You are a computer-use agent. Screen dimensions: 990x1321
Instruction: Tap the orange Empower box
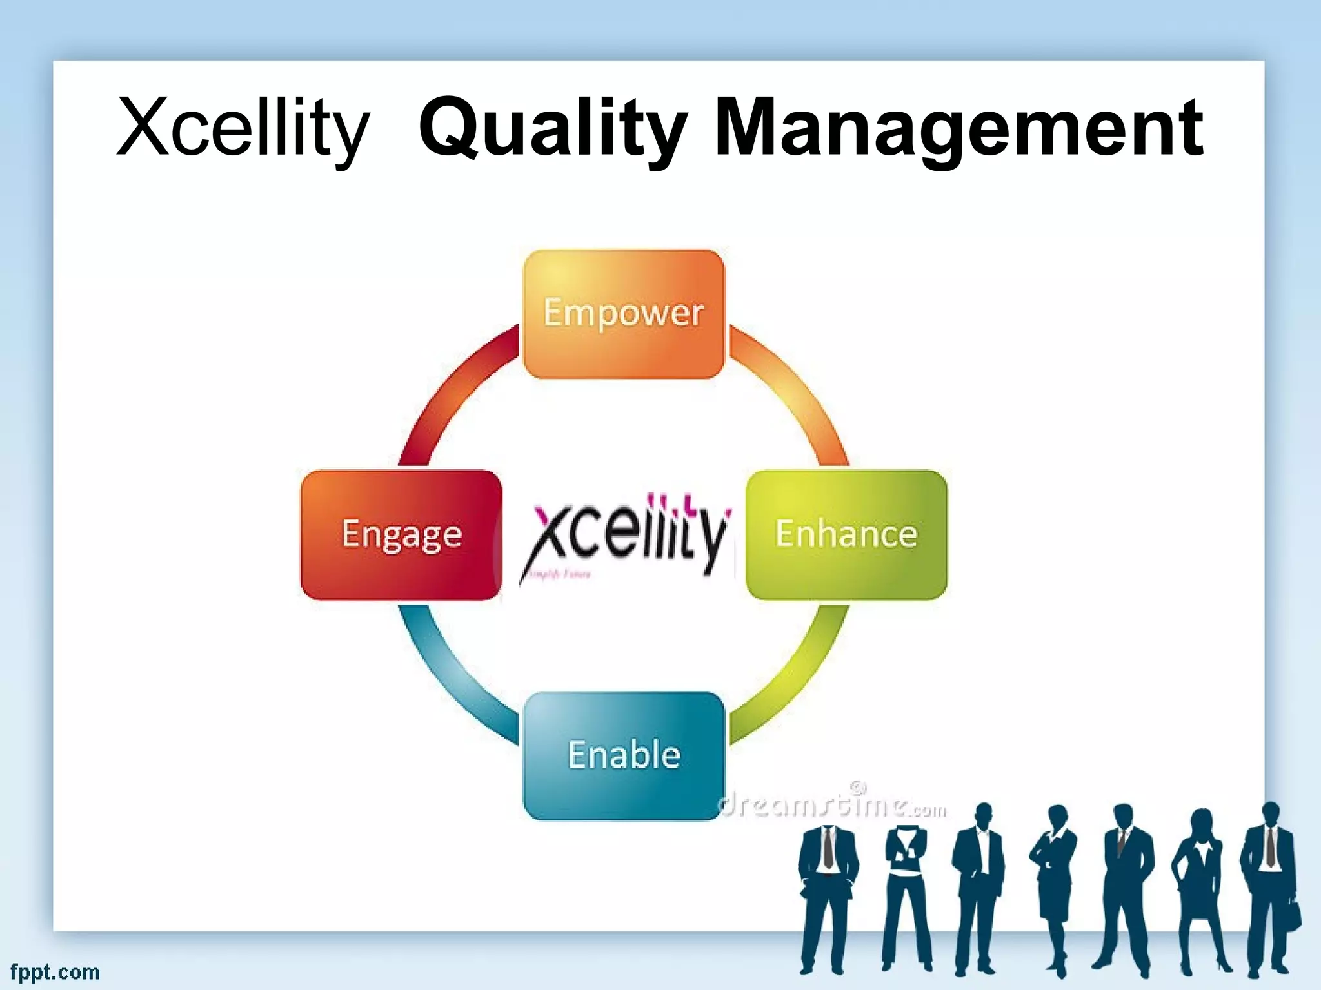click(x=624, y=314)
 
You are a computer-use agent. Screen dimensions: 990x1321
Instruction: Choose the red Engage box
click(x=401, y=534)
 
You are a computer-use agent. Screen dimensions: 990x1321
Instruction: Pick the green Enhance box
click(x=846, y=534)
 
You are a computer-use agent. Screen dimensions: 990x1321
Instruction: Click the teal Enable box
click(x=624, y=755)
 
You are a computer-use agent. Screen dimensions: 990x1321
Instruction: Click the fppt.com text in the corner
click(x=55, y=972)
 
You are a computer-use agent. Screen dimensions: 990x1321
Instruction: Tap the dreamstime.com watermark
click(x=832, y=806)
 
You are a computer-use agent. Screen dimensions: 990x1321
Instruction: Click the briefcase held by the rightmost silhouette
click(x=1293, y=914)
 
